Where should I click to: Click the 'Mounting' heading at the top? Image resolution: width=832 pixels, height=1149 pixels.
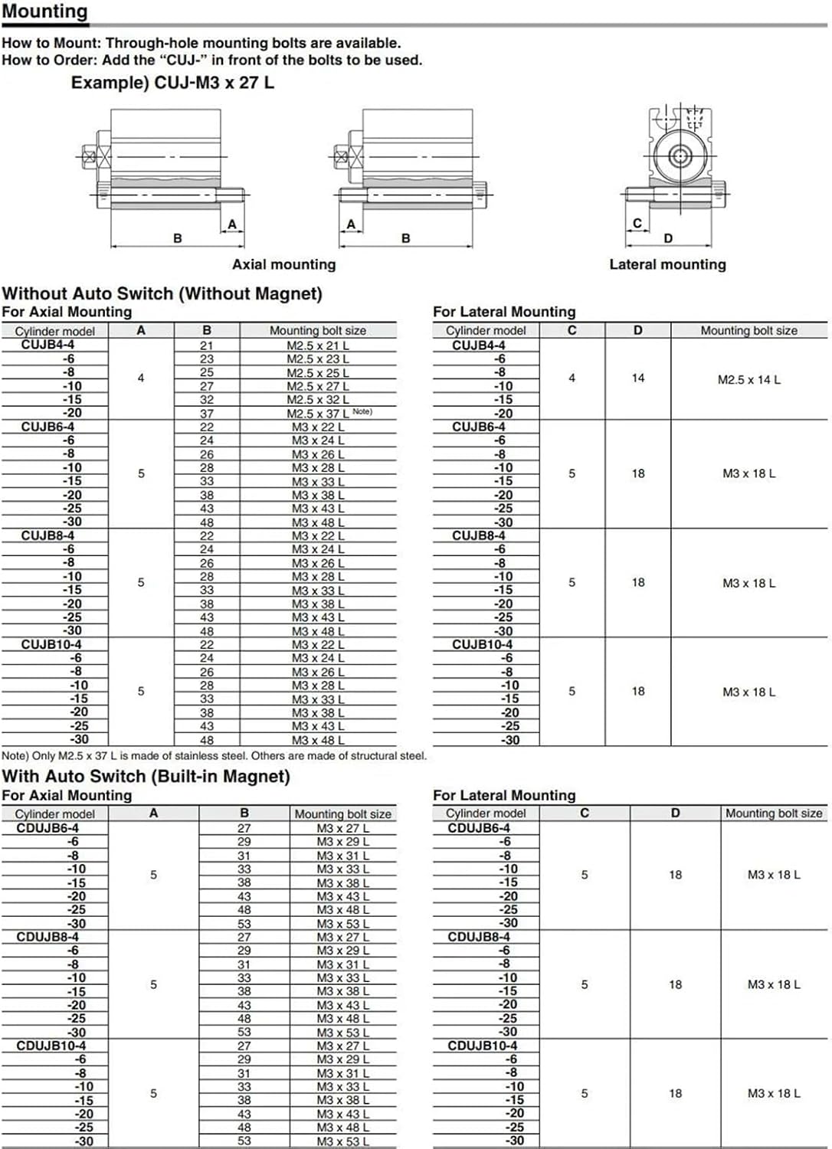pos(44,11)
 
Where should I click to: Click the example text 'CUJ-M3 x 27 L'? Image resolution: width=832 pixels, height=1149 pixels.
pos(214,83)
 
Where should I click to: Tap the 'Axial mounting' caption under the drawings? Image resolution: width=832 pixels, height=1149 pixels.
pos(283,264)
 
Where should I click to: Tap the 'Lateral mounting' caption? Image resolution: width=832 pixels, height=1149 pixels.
pos(667,264)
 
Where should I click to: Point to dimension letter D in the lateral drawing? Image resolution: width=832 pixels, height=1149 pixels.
pos(668,238)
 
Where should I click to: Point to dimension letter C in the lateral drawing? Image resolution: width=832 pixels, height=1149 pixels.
pos(637,224)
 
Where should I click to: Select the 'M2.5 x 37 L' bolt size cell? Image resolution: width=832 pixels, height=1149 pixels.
pos(318,414)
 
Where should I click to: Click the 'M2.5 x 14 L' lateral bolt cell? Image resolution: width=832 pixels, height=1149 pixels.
pos(748,379)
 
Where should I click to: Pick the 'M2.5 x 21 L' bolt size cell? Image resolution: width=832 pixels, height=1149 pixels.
pos(318,345)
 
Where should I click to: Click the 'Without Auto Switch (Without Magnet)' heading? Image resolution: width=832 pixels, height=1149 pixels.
pos(162,293)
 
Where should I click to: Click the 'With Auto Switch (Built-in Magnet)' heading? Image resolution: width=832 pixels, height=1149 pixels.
pos(146,776)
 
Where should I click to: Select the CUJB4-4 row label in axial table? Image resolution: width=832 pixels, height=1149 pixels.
pos(47,345)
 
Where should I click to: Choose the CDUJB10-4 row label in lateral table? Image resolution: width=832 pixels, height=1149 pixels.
pos(482,1046)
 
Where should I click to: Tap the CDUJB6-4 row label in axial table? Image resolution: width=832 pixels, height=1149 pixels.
pos(47,828)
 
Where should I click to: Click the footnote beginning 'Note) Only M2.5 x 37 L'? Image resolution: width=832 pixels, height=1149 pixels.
pos(214,755)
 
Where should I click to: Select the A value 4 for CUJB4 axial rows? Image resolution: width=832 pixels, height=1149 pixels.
pos(141,378)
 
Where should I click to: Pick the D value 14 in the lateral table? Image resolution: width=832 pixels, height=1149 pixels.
pos(638,378)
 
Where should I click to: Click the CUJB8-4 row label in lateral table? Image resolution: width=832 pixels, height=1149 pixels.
pos(478,535)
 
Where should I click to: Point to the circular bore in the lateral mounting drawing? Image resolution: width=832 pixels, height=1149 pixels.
pos(680,156)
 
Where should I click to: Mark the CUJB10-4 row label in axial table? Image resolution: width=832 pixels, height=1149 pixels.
pos(51,644)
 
